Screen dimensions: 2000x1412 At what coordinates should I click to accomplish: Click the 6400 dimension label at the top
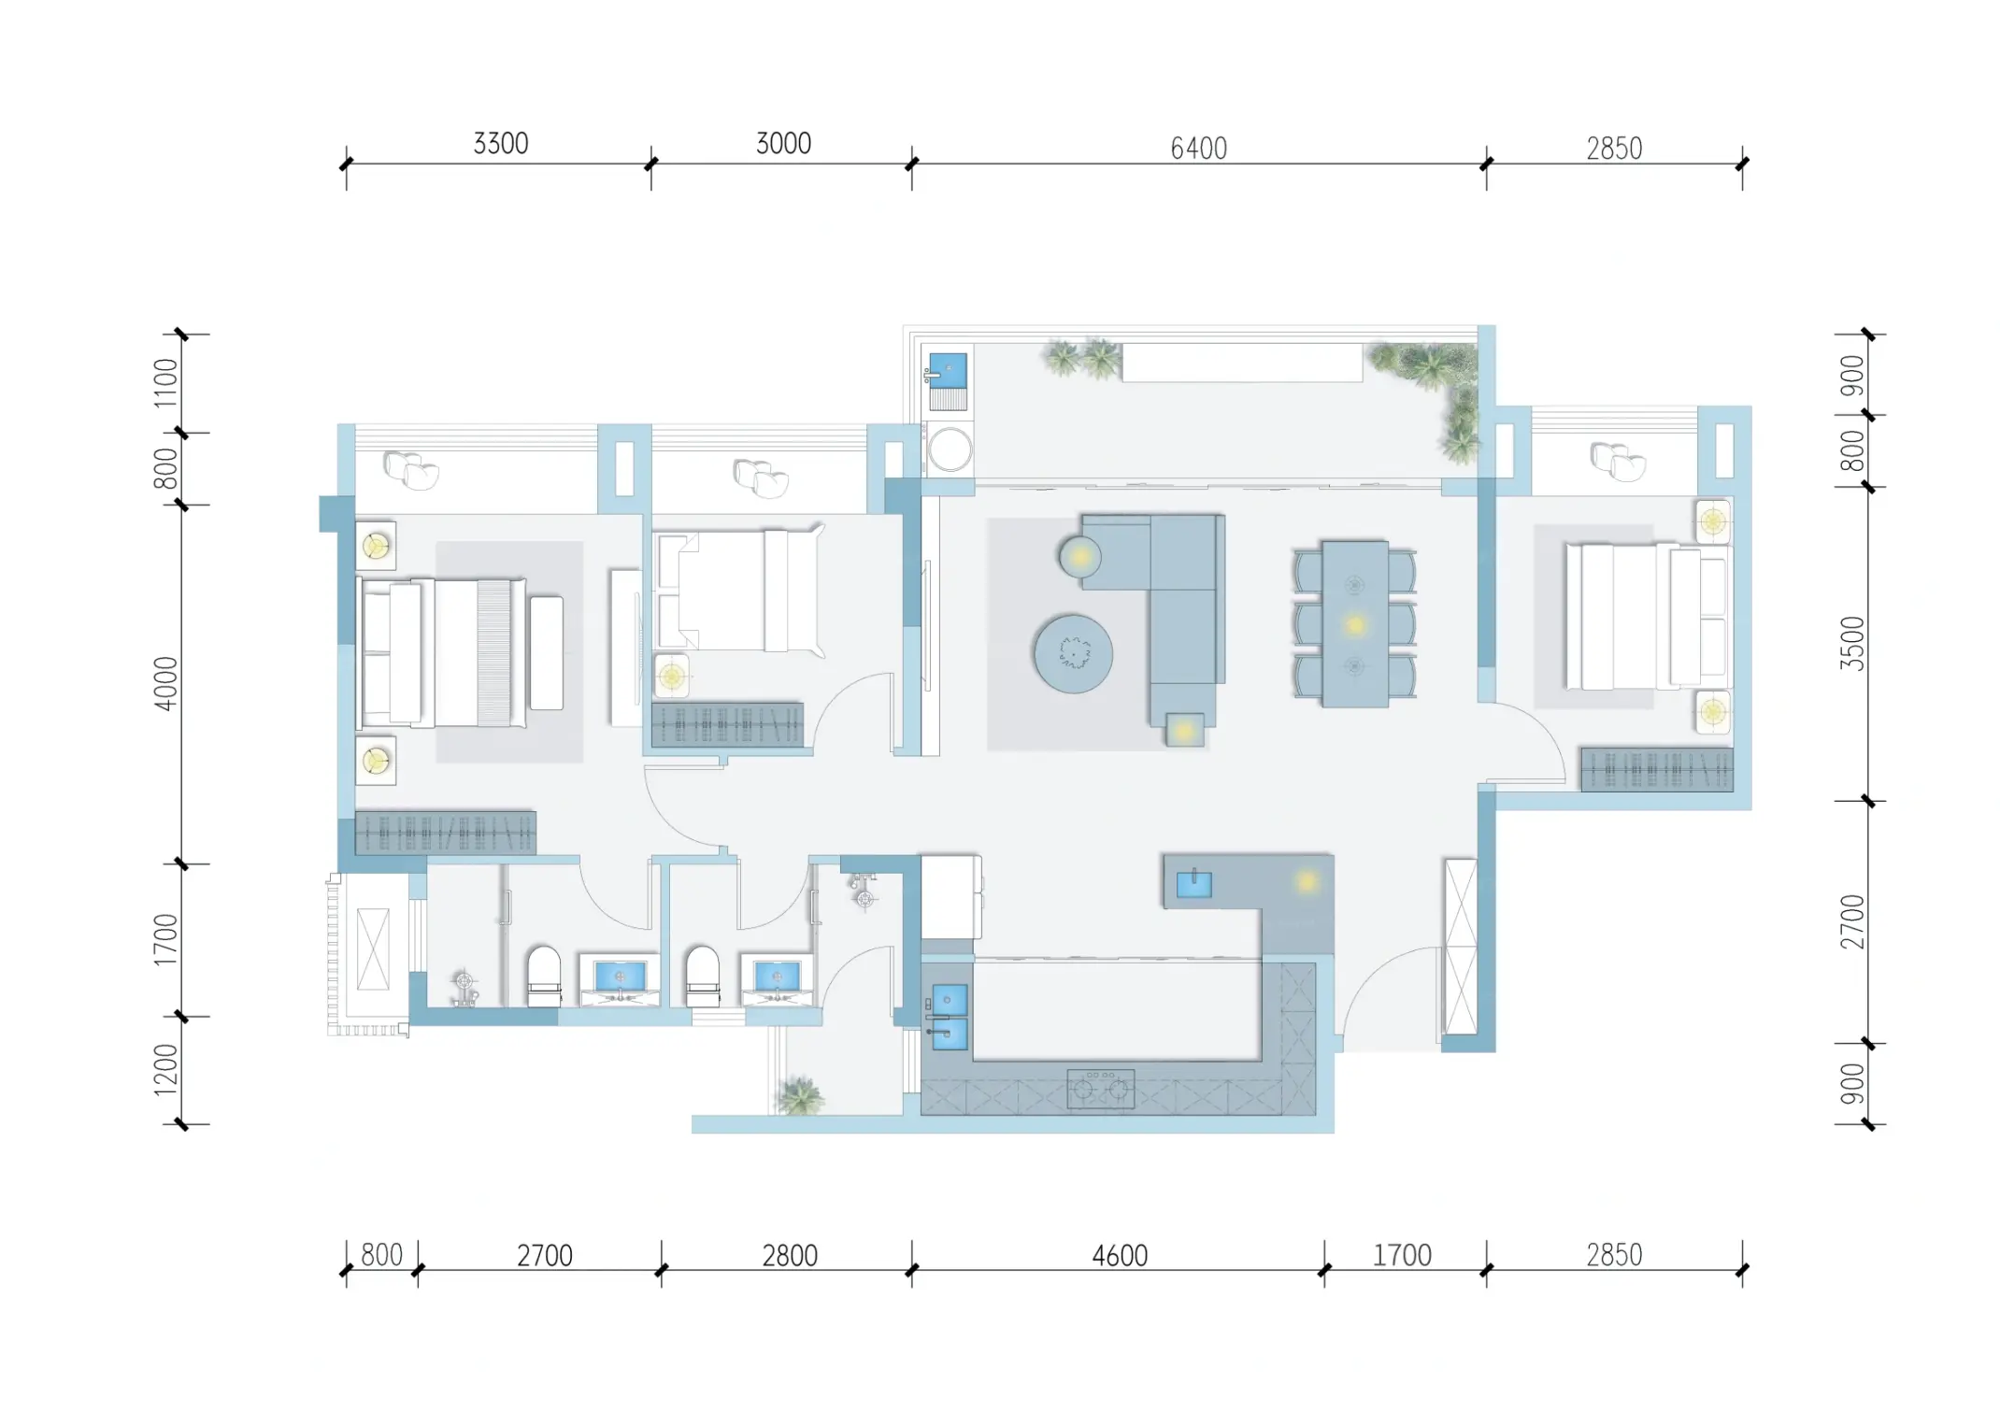pyautogui.click(x=1198, y=148)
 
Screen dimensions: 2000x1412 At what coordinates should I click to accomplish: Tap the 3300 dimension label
pyautogui.click(x=501, y=143)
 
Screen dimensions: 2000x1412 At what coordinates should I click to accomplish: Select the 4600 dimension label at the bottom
pyautogui.click(x=1120, y=1255)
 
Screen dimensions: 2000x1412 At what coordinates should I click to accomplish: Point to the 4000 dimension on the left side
pyautogui.click(x=165, y=684)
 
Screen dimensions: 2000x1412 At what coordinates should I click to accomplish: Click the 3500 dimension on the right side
pyautogui.click(x=1851, y=644)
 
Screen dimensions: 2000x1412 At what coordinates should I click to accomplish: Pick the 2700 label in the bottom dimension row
pyautogui.click(x=545, y=1255)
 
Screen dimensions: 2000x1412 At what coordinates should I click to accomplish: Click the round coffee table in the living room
pyautogui.click(x=1073, y=653)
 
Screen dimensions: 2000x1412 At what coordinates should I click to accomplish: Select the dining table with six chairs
pyautogui.click(x=1354, y=624)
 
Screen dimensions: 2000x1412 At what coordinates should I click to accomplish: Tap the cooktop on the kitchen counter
pyautogui.click(x=1101, y=1088)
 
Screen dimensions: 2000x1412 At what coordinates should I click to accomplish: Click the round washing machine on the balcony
pyautogui.click(x=950, y=449)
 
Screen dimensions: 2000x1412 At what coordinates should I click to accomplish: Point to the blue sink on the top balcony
pyautogui.click(x=947, y=370)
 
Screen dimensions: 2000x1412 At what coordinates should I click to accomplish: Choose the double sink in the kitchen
pyautogui.click(x=950, y=1017)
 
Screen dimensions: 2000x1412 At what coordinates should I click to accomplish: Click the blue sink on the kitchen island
pyautogui.click(x=1193, y=883)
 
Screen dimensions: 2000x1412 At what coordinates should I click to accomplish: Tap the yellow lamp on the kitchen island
pyautogui.click(x=1306, y=881)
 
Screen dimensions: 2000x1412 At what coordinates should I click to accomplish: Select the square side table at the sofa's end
pyautogui.click(x=1184, y=730)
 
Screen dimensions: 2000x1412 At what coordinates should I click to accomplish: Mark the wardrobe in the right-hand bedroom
pyautogui.click(x=1657, y=769)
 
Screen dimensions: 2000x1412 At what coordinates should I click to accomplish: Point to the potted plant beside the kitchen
pyautogui.click(x=801, y=1095)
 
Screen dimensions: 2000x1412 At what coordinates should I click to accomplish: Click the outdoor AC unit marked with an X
pyautogui.click(x=373, y=948)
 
